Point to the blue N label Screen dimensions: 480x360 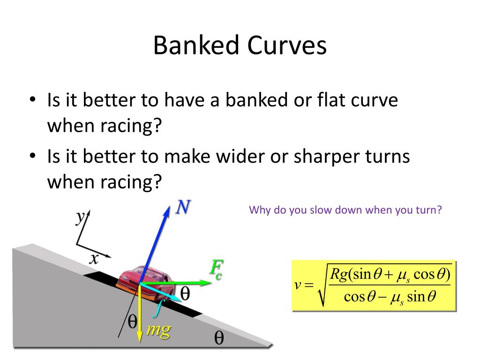click(x=183, y=208)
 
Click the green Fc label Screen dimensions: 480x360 click(x=215, y=270)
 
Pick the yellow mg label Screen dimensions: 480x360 click(x=158, y=330)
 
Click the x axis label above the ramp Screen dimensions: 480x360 click(x=94, y=258)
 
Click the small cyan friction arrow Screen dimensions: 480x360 click(x=164, y=293)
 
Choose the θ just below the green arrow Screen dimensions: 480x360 click(x=185, y=294)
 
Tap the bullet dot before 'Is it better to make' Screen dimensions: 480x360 click(x=32, y=156)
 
